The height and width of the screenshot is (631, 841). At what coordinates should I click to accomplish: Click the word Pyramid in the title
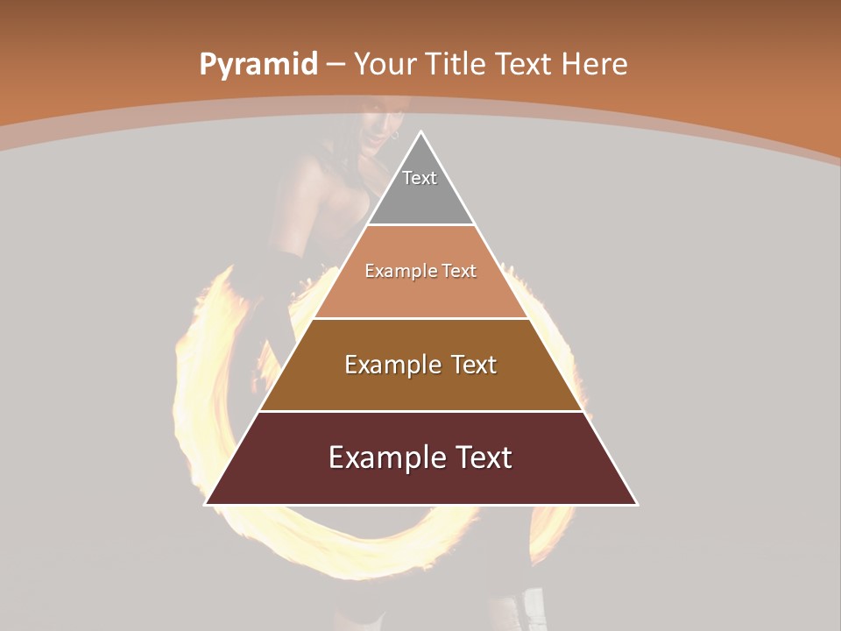pyautogui.click(x=258, y=65)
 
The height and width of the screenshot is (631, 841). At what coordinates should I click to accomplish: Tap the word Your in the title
pyautogui.click(x=384, y=65)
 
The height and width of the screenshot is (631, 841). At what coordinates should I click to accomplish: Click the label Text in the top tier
pyautogui.click(x=420, y=179)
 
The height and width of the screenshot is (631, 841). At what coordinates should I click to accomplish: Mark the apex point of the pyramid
pyautogui.click(x=420, y=132)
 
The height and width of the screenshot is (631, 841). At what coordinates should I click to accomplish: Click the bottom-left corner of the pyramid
pyautogui.click(x=206, y=504)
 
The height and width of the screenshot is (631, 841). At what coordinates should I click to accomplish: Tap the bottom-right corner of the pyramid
pyautogui.click(x=636, y=504)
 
